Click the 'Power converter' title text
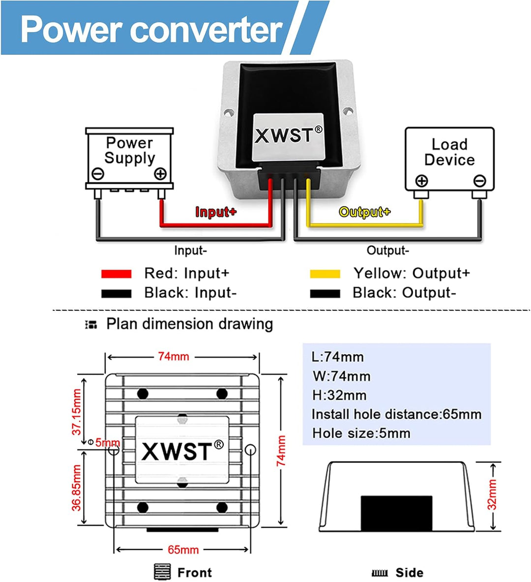point(151,29)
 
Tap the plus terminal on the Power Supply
point(160,174)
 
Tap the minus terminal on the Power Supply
point(98,174)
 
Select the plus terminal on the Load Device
point(421,181)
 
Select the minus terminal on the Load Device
point(479,181)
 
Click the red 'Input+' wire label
point(216,212)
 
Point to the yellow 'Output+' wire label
point(364,212)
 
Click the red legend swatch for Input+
point(116,274)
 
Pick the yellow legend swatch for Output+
point(325,274)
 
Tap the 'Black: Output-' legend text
point(404,293)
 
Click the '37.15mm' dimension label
point(77,412)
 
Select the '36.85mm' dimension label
point(77,488)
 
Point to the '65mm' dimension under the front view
point(183,550)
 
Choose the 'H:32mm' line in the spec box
point(339,395)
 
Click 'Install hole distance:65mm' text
point(396,414)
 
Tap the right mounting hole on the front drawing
point(250,449)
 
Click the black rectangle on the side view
point(396,513)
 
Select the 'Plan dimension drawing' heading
point(189,324)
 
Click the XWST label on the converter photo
point(288,136)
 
